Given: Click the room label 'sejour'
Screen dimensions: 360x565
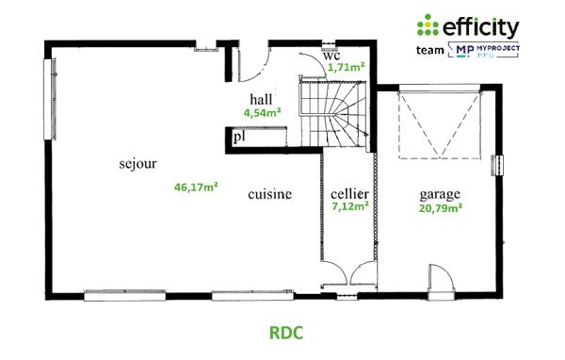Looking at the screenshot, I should pos(137,162).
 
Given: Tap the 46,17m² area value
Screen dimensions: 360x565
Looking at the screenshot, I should pos(196,187).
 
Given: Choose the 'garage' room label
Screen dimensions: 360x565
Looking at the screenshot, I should pos(440,195).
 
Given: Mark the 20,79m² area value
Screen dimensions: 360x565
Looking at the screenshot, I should pos(440,208).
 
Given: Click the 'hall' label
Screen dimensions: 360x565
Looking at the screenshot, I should pos(262,99).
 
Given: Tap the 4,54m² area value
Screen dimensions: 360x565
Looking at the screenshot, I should pos(261,112).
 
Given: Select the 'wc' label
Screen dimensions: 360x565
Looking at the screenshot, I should pos(331,55).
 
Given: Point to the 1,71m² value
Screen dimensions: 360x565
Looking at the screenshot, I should pos(346,68).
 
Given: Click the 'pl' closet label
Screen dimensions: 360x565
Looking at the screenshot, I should pos(240,138).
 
